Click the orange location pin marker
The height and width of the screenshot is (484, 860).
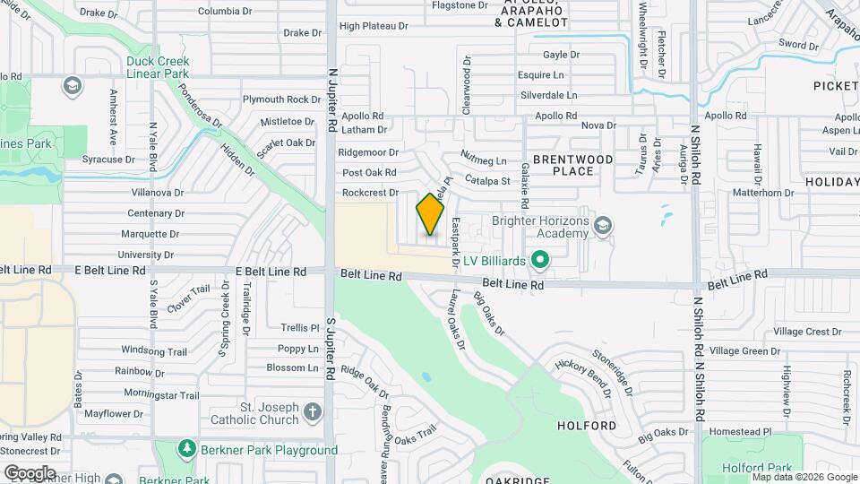[430, 214]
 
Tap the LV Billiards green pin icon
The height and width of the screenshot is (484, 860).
[539, 261]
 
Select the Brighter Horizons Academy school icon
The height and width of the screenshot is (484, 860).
[603, 225]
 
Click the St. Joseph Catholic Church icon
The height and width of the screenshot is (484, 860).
[312, 412]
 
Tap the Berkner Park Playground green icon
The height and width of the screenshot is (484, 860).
[186, 448]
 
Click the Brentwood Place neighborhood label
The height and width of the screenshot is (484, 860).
[573, 165]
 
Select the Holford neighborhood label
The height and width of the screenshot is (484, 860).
[587, 425]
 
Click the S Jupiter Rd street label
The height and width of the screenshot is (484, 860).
[331, 345]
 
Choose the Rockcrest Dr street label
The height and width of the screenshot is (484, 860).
[369, 193]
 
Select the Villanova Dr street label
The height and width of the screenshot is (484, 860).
[157, 192]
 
